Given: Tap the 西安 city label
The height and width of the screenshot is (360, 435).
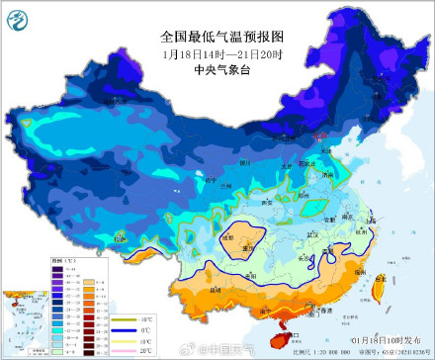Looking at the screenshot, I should (x=266, y=201).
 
